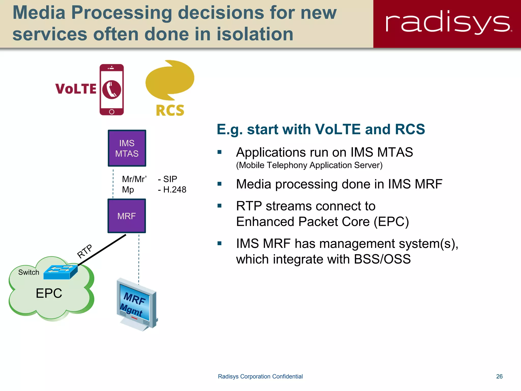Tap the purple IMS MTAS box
pyautogui.click(x=127, y=148)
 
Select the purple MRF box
pyautogui.click(x=127, y=216)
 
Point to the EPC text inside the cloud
pyautogui.click(x=49, y=293)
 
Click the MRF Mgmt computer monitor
pyautogui.click(x=136, y=304)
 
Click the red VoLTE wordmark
pyautogui.click(x=76, y=89)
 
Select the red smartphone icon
pyautogui.click(x=111, y=90)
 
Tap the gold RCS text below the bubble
pyautogui.click(x=170, y=110)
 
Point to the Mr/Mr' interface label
pyautogui.click(x=134, y=179)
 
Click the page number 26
pyautogui.click(x=499, y=376)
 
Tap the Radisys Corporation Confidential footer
pyautogui.click(x=260, y=376)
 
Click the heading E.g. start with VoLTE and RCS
pyautogui.click(x=321, y=129)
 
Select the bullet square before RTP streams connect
pyautogui.click(x=220, y=206)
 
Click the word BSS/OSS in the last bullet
pyautogui.click(x=382, y=259)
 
